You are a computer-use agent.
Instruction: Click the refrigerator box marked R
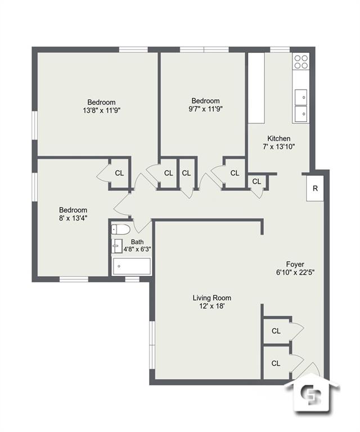pos(315,188)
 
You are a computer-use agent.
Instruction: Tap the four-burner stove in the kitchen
pos(300,61)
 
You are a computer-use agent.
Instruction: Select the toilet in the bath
pos(120,229)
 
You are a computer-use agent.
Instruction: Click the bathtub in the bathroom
pos(132,266)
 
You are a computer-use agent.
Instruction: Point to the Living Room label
pos(211,298)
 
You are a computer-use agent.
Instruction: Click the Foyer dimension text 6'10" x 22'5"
pos(295,272)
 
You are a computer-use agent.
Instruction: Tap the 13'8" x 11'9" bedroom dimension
pos(101,110)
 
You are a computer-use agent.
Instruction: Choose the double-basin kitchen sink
pos(300,105)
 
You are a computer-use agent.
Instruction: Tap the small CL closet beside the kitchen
pos(256,182)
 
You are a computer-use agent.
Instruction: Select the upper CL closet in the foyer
pos(276,331)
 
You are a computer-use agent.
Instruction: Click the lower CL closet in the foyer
pos(276,363)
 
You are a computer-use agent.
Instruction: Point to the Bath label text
pos(137,242)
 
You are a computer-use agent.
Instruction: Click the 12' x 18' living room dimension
pos(211,307)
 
